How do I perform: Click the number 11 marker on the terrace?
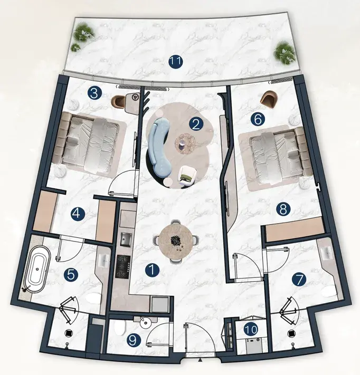point(176,62)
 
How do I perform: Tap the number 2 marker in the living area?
point(196,124)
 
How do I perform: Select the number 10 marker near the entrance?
point(251,330)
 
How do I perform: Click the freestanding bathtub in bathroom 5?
point(37,269)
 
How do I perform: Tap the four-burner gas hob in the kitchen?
point(123,266)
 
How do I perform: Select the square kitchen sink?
point(126,239)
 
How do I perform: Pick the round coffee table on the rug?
point(185,144)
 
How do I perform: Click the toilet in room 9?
point(120,328)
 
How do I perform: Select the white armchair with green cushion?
point(188,175)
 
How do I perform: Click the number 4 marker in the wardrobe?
point(78,213)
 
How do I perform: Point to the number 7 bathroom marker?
point(299,280)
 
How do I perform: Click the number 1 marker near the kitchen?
point(153,270)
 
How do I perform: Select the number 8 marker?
point(283,209)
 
